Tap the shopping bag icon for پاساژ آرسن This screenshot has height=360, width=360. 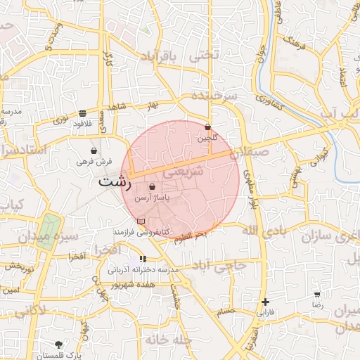[x=153, y=187]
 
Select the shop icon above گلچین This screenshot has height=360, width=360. [x=208, y=127]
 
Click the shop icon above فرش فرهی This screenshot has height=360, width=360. [x=94, y=150]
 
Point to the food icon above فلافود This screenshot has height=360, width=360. [x=83, y=113]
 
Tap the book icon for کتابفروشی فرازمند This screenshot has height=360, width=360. [x=141, y=221]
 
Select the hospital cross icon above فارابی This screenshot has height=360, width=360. [x=264, y=301]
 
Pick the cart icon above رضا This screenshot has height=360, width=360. [x=317, y=295]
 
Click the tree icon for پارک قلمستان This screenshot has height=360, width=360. [x=58, y=345]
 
